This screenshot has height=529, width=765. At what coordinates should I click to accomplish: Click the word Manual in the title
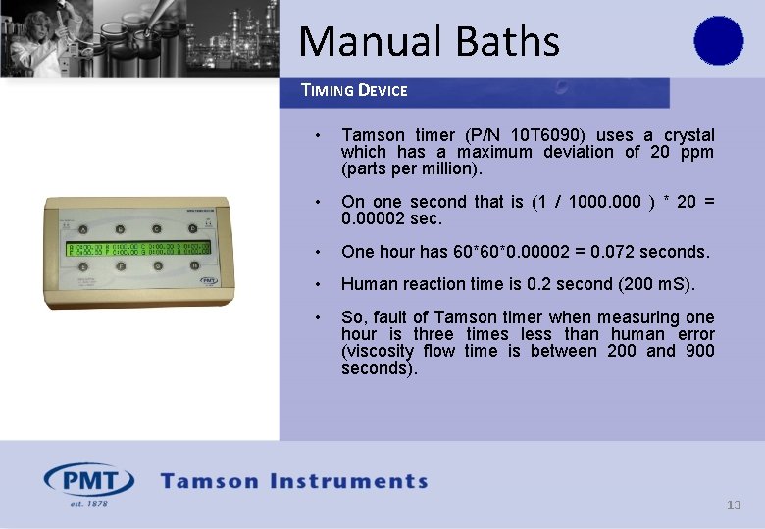359,42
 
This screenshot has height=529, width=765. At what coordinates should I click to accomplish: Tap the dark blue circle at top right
719,41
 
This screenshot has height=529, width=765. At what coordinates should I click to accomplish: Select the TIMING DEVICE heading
354,91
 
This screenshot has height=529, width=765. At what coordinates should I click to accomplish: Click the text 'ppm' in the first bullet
697,152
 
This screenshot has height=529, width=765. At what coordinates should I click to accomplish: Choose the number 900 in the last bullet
700,351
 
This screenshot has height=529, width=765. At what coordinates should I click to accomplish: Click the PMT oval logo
88,481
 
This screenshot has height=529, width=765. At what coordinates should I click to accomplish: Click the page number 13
734,505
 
